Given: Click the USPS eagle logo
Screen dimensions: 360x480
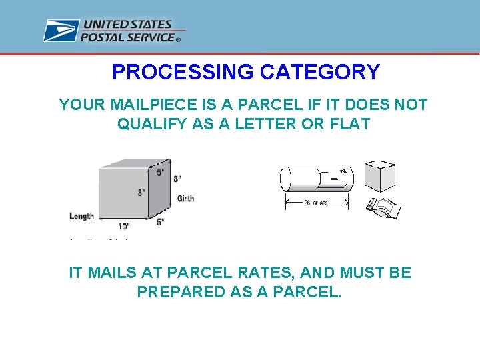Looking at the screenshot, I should coord(61,31).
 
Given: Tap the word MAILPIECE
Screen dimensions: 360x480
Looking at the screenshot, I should coord(144,105).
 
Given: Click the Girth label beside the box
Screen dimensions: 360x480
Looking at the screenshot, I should coord(185,198).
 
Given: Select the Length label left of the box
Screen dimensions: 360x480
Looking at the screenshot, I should coord(81,215).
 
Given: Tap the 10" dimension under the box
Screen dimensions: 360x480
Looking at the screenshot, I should coord(124,227).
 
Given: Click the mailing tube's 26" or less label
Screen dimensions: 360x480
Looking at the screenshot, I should coord(317,203).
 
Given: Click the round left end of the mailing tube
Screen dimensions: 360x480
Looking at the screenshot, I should coord(285,179).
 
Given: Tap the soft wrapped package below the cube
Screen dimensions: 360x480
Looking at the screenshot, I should coord(383,207).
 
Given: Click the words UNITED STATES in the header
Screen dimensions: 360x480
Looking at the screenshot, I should coord(127,25).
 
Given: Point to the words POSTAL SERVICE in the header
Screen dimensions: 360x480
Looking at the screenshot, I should coord(127,37).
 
